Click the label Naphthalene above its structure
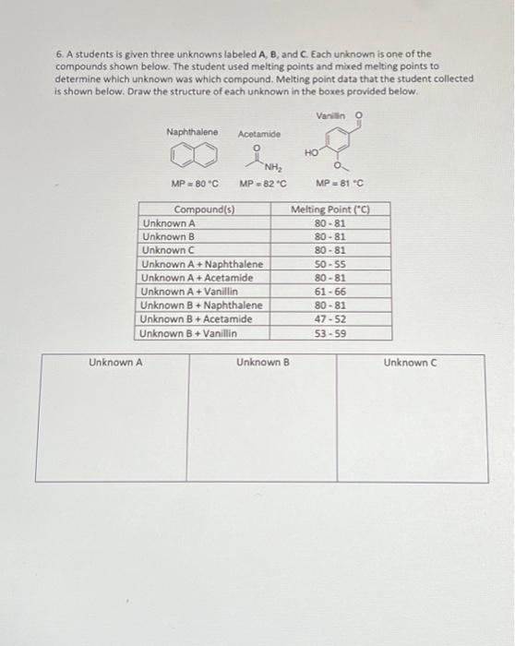(192, 133)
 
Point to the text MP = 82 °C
(264, 183)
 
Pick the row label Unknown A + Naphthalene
(202, 265)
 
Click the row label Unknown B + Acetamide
(197, 319)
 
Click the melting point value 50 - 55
(330, 265)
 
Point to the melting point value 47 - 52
(330, 319)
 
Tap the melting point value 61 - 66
(330, 292)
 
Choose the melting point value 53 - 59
(330, 333)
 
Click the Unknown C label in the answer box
(412, 363)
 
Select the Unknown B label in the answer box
(263, 363)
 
